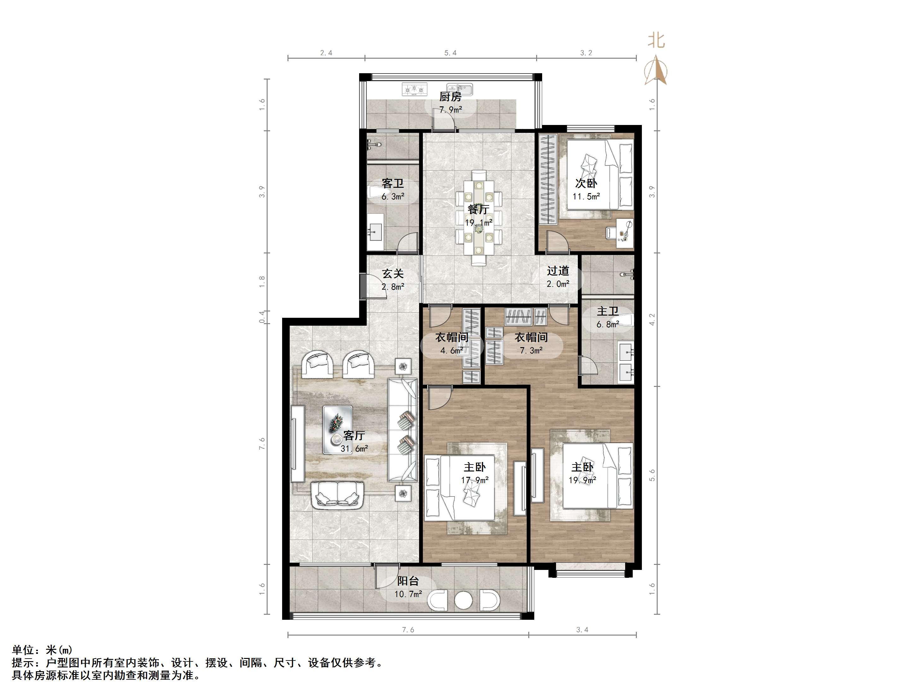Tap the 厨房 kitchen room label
450,97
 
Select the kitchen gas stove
415,89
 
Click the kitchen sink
459,89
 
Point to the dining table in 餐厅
479,217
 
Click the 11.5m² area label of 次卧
586,196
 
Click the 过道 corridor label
558,271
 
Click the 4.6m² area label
452,351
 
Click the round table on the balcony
463,601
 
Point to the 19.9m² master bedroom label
582,480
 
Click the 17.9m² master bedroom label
475,480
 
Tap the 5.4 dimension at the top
450,53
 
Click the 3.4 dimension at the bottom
582,630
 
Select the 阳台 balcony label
408,581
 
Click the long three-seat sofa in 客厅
402,430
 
